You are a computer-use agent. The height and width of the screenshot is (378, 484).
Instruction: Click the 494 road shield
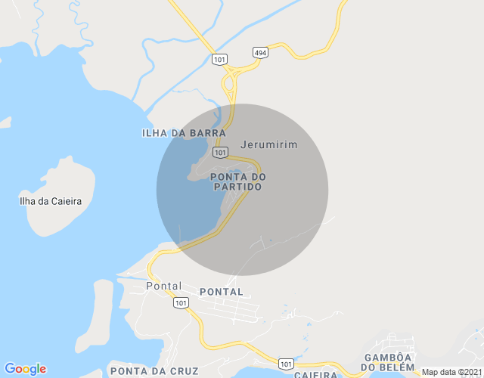click(260, 51)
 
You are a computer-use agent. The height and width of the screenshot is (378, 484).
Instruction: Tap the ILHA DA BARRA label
click(184, 133)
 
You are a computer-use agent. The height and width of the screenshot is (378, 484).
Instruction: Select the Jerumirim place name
click(268, 144)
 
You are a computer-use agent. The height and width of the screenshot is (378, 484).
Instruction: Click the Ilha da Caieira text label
click(51, 201)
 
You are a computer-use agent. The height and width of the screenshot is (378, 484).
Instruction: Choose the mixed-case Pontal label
click(164, 287)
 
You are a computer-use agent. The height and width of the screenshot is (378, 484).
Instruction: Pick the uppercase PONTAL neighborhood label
click(222, 292)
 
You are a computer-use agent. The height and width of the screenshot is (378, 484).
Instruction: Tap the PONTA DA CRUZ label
click(154, 371)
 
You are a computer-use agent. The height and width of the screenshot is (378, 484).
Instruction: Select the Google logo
click(25, 369)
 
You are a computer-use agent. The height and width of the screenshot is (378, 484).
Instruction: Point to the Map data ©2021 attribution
click(449, 372)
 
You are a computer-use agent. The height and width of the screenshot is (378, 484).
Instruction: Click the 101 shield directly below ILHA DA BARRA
click(220, 152)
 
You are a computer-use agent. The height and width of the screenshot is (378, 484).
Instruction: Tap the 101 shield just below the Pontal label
click(180, 302)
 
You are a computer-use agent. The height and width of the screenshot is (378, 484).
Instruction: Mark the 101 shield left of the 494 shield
click(220, 59)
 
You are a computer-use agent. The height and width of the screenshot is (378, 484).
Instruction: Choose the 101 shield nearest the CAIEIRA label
click(286, 364)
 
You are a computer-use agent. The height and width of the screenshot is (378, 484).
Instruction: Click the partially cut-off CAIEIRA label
click(315, 374)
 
